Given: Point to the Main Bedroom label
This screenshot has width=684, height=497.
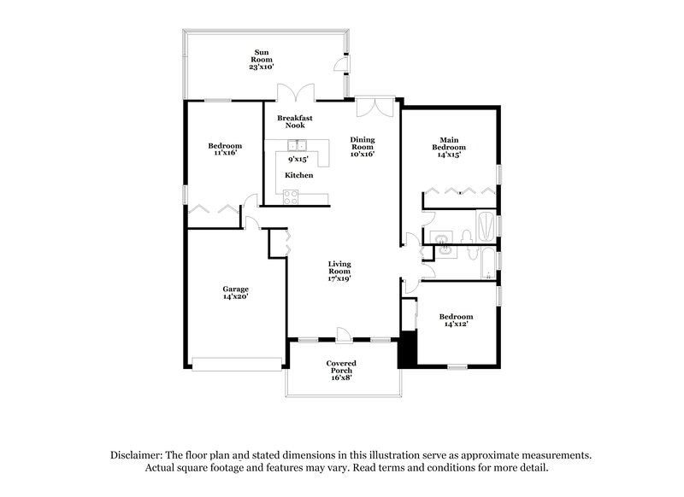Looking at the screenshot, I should pyautogui.click(x=452, y=147).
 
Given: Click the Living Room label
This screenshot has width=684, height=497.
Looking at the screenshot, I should pyautogui.click(x=339, y=272).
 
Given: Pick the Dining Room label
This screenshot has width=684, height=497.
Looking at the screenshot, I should pyautogui.click(x=363, y=147).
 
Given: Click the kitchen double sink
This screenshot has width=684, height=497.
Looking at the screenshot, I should pyautogui.click(x=296, y=144).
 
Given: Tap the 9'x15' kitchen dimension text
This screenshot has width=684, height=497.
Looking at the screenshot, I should pyautogui.click(x=298, y=159).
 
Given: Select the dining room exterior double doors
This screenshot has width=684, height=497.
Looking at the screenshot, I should pyautogui.click(x=374, y=106).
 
